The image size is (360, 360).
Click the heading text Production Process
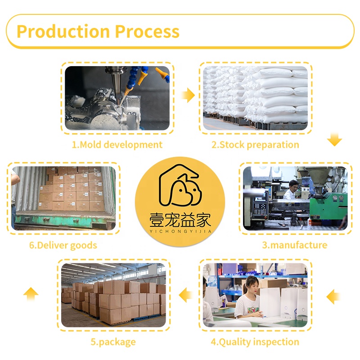click(x=98, y=31)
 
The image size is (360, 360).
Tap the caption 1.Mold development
click(x=117, y=145)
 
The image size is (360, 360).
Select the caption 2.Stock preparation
click(x=255, y=145)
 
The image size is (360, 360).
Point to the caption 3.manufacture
click(x=295, y=245)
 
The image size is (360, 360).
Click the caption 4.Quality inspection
click(x=255, y=342)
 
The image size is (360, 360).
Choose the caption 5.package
click(x=113, y=342)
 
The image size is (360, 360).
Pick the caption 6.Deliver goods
click(x=63, y=245)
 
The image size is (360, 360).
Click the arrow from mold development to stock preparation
click(x=188, y=95)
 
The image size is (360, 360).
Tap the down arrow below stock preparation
click(x=334, y=139)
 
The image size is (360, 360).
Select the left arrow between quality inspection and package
click(x=186, y=295)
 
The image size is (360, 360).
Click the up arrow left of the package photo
click(x=31, y=294)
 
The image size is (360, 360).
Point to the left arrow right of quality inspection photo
click(x=333, y=297)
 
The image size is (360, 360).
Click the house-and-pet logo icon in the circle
click(x=180, y=185)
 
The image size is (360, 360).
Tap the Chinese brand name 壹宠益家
click(x=180, y=220)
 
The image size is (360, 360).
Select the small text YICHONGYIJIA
click(x=180, y=231)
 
